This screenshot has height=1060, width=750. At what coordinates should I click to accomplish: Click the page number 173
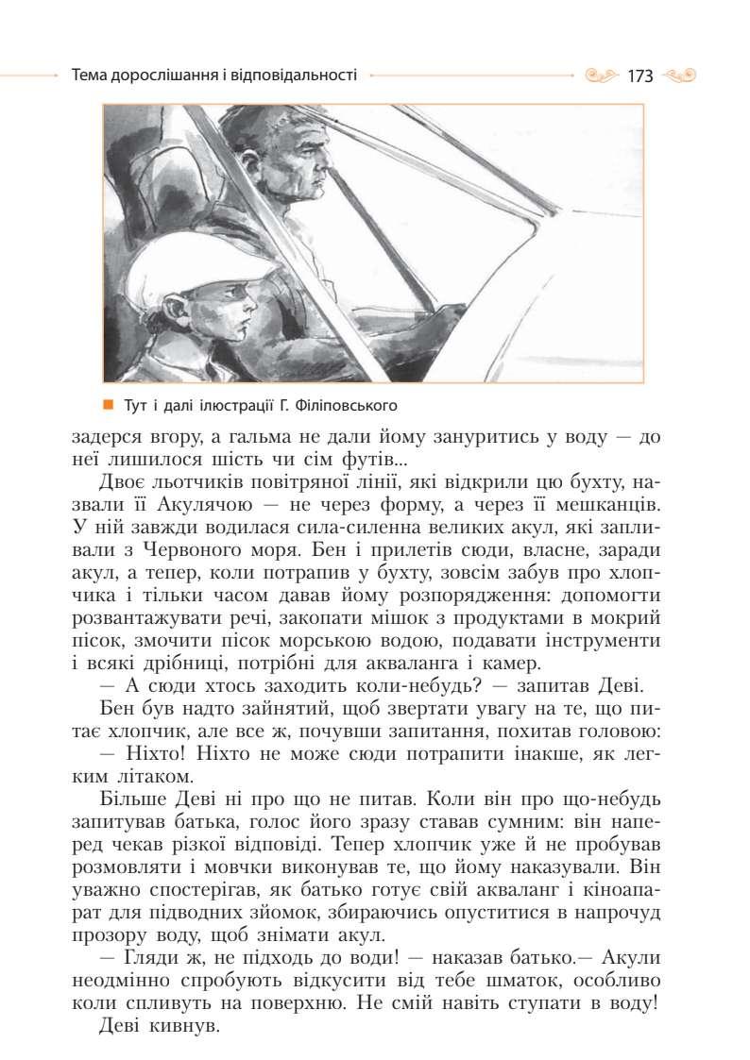[639, 76]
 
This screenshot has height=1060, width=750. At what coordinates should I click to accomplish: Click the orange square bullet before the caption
[109, 406]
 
